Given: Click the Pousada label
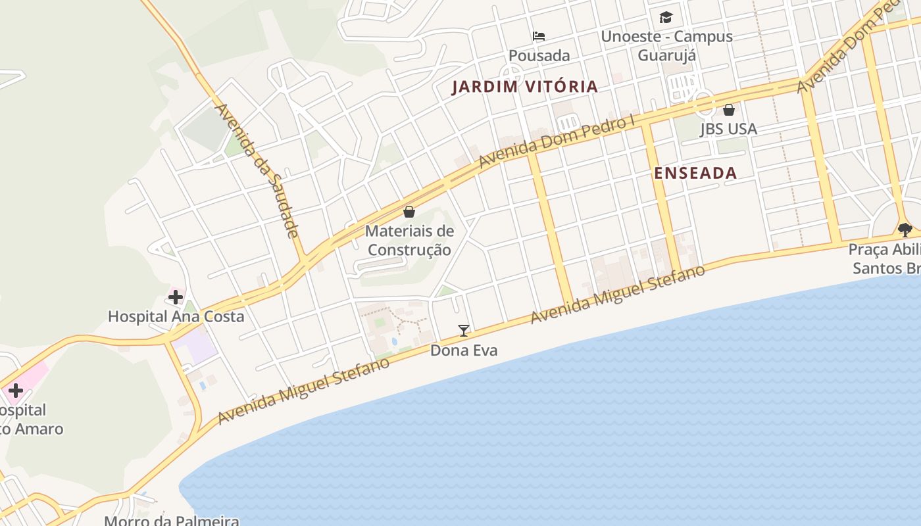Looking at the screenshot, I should click(x=539, y=55).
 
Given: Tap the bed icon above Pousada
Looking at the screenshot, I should click(x=539, y=36).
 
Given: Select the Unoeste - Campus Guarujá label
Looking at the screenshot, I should click(x=666, y=45).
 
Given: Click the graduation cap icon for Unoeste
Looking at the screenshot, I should click(x=666, y=18).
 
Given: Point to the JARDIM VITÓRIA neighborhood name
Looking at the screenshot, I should click(x=524, y=87).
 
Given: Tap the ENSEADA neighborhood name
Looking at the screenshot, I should click(x=695, y=173).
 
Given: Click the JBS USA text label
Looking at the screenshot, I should click(x=728, y=129).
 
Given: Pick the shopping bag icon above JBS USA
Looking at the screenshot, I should click(x=729, y=110).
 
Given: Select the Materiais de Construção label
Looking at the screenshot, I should click(x=409, y=240).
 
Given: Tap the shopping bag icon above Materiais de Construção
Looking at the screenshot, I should click(x=409, y=212).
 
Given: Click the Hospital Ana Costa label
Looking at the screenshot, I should click(x=176, y=316).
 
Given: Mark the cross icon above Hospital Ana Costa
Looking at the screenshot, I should click(x=176, y=297).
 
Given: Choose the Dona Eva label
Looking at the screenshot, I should click(x=464, y=350).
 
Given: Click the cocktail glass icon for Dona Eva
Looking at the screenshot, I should click(x=464, y=331).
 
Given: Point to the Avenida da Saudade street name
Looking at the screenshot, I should click(x=257, y=170).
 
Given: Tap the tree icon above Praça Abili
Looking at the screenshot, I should click(x=905, y=229).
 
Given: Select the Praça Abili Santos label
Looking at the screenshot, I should click(x=884, y=259).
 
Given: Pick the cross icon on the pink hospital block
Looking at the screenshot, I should click(x=15, y=391).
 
